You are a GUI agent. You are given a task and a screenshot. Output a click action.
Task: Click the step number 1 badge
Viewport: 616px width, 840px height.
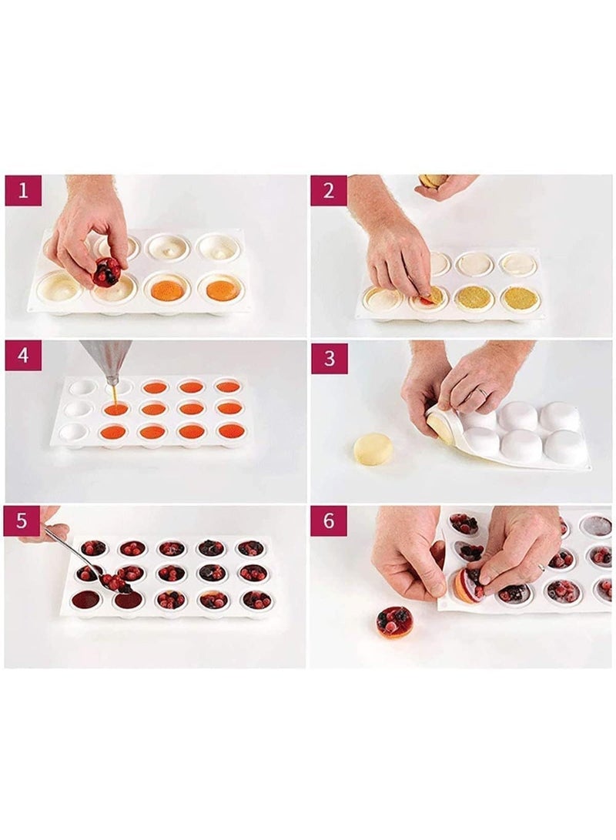coord(23,190)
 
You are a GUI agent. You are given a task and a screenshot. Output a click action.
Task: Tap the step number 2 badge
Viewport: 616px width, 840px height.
coord(329,190)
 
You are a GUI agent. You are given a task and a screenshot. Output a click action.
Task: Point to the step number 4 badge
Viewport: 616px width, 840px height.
coord(23,356)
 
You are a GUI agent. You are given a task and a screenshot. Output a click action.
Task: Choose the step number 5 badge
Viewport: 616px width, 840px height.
coord(23,521)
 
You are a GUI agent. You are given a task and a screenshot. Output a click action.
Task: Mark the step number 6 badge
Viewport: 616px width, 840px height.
coord(329,521)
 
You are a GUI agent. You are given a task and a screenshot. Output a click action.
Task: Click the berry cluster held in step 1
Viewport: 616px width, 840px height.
coord(107,272)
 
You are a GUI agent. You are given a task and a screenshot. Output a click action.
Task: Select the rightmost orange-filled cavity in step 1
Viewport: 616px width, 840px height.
coord(221,290)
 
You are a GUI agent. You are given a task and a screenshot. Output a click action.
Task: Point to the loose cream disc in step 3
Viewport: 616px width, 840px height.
coord(373,449)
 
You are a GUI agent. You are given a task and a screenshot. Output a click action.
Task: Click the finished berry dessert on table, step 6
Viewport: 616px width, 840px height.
coord(394,621)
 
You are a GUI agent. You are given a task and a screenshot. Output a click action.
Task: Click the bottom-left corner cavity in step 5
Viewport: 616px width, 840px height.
coord(87,599)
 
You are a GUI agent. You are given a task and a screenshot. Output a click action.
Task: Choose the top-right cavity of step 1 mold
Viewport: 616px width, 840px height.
coord(218,246)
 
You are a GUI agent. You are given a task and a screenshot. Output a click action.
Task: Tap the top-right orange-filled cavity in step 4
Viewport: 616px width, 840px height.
coord(228,386)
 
